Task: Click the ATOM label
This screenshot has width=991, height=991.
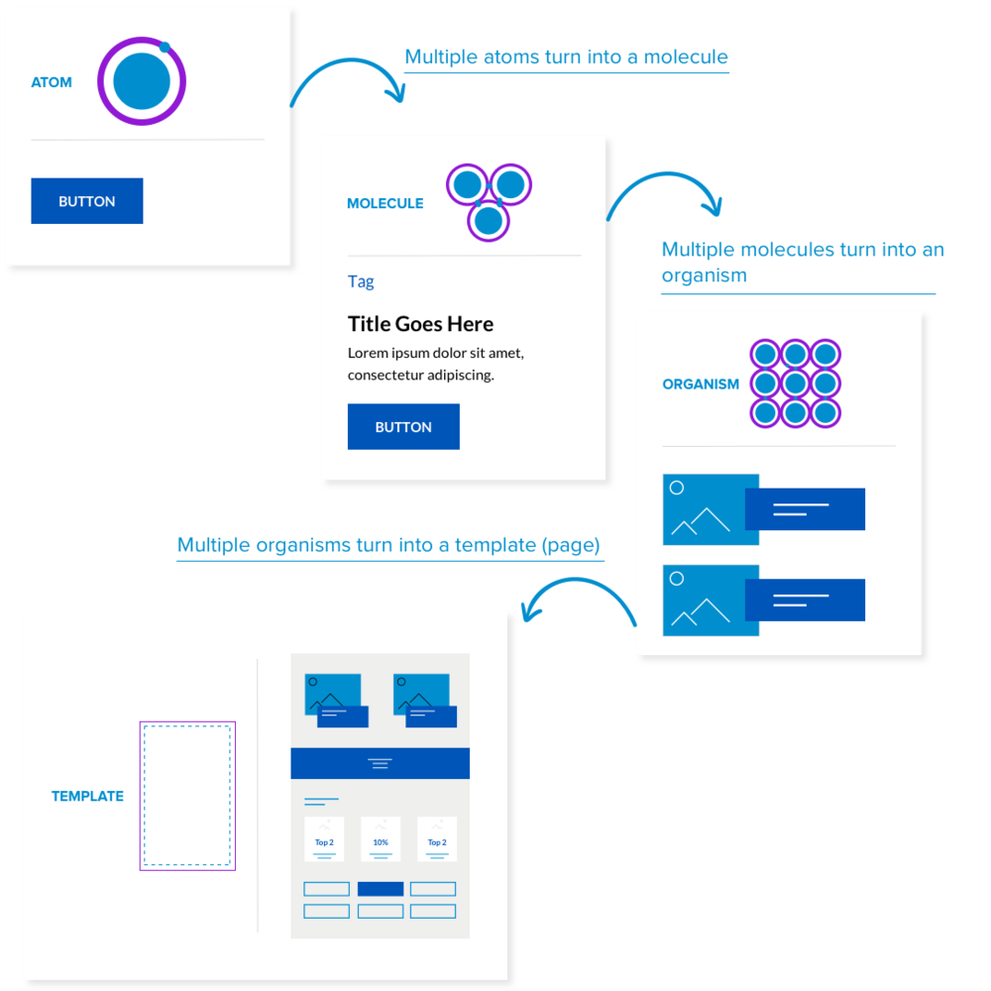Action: click(52, 82)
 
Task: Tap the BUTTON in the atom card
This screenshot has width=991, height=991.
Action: click(87, 201)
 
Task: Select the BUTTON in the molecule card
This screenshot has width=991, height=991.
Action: click(403, 427)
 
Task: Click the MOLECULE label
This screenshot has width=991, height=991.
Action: click(385, 203)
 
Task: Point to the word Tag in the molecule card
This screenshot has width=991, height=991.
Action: click(361, 281)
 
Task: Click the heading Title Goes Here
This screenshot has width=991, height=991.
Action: click(420, 324)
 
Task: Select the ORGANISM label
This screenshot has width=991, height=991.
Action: click(701, 385)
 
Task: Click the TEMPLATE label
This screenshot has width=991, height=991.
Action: click(87, 796)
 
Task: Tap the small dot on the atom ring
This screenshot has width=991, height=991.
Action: click(165, 47)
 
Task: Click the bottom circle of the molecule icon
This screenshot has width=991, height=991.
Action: click(488, 220)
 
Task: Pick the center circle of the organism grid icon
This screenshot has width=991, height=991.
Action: click(795, 383)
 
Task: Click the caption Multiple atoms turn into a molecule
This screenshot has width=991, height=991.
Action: click(567, 56)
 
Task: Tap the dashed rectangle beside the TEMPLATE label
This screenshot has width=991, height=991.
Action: click(187, 796)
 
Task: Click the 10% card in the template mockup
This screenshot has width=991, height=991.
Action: click(381, 839)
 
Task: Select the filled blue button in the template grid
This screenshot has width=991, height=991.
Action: click(381, 889)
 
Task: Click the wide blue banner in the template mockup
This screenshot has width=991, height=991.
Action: click(380, 763)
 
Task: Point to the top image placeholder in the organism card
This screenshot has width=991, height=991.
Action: click(711, 509)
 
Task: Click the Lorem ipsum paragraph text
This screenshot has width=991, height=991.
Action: click(436, 364)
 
